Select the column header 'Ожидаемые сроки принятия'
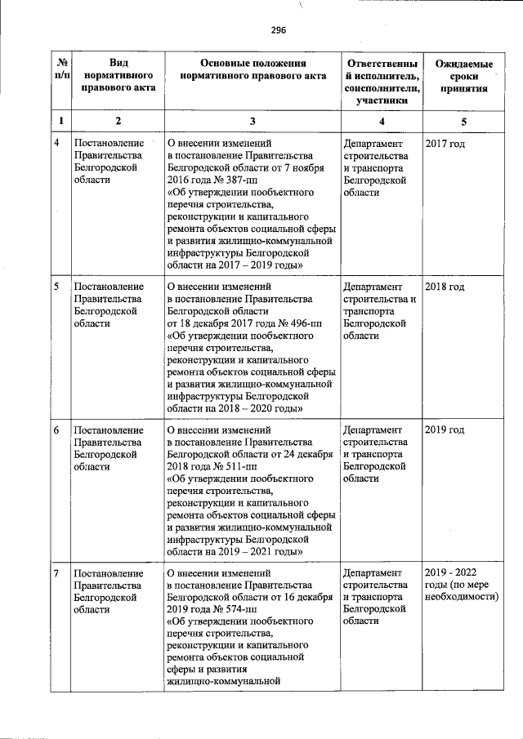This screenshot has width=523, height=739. point(463,76)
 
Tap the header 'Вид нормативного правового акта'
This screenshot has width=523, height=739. point(118,76)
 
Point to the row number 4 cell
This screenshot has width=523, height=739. point(56,144)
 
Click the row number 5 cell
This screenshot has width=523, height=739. point(56,287)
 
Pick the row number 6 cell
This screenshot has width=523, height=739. point(56,430)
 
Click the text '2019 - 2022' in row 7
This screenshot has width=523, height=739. point(452,572)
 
